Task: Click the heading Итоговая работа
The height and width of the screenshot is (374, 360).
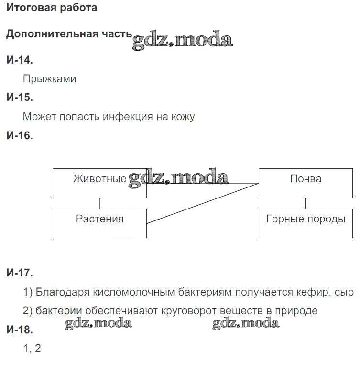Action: pyautogui.click(x=52, y=8)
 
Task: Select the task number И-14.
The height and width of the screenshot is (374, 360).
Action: pyautogui.click(x=20, y=60)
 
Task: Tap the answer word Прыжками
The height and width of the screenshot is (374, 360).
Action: pyautogui.click(x=50, y=79)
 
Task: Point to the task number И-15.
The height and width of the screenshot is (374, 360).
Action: pyautogui.click(x=20, y=97)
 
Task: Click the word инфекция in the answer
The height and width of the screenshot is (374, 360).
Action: pyautogui.click(x=128, y=117)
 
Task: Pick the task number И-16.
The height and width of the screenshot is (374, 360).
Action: pyautogui.click(x=20, y=135)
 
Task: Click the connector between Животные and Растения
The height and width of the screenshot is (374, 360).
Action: pyautogui.click(x=100, y=203)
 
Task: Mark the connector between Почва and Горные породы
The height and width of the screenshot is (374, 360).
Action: pyautogui.click(x=306, y=203)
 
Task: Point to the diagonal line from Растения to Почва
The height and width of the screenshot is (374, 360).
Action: pyautogui.click(x=203, y=203)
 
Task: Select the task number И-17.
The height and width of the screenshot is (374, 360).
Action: pyautogui.click(x=20, y=273)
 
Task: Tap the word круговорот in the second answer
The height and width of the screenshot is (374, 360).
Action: pyautogui.click(x=189, y=311)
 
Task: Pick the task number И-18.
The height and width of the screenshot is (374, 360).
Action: pyautogui.click(x=20, y=330)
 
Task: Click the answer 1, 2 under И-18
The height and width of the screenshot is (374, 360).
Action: pyautogui.click(x=32, y=349)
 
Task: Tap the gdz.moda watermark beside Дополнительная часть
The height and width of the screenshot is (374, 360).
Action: pyautogui.click(x=182, y=40)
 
